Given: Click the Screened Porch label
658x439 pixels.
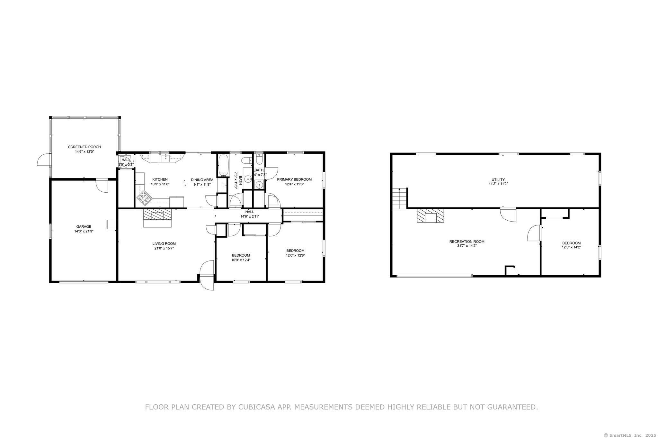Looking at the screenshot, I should pyautogui.click(x=84, y=147).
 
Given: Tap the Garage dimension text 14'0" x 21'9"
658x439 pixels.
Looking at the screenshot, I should pyautogui.click(x=84, y=231).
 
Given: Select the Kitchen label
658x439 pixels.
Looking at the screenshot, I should pyautogui.click(x=160, y=179).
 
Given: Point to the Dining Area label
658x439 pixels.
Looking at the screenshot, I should pyautogui.click(x=202, y=180).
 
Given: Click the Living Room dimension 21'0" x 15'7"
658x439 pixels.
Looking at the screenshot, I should pyautogui.click(x=164, y=248).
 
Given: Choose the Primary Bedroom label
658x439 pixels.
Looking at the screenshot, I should pyautogui.click(x=294, y=179).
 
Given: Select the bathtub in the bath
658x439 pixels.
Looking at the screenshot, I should pyautogui.click(x=223, y=165).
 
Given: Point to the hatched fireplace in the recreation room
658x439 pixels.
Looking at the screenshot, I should pyautogui.click(x=431, y=215).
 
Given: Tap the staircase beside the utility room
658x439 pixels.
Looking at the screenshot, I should pyautogui.click(x=399, y=198).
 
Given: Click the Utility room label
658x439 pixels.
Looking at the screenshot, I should pyautogui.click(x=498, y=180).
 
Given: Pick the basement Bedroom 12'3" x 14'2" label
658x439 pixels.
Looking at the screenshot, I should pyautogui.click(x=571, y=243).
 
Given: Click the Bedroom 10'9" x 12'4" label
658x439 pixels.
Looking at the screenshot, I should pyautogui.click(x=241, y=255).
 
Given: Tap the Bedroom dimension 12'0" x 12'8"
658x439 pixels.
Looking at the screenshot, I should pyautogui.click(x=295, y=255).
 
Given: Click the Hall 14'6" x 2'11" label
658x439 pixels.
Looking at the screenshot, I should pyautogui.click(x=250, y=212).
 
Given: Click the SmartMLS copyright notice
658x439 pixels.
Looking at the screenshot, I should pyautogui.click(x=630, y=435).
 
